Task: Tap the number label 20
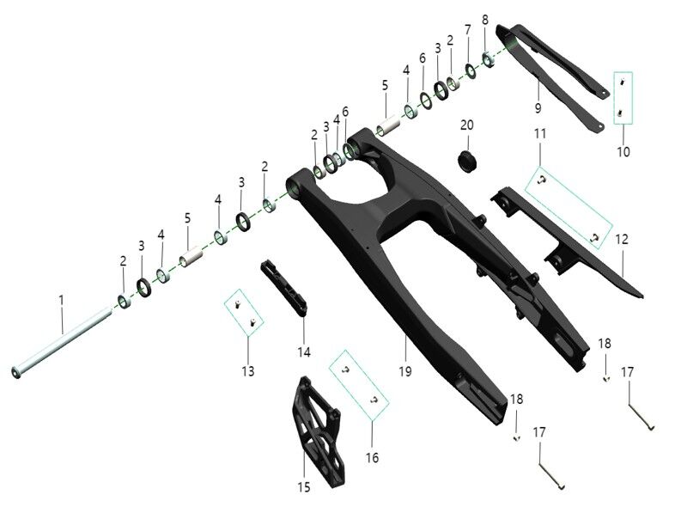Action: pyautogui.click(x=466, y=125)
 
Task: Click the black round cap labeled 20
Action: pyautogui.click(x=468, y=160)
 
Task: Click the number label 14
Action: pyautogui.click(x=304, y=351)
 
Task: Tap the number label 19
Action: pyautogui.click(x=404, y=370)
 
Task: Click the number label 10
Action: pyautogui.click(x=623, y=152)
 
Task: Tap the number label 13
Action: pyautogui.click(x=247, y=370)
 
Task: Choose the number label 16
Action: pyautogui.click(x=372, y=457)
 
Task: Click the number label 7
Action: pyautogui.click(x=467, y=30)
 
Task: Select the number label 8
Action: pyautogui.click(x=485, y=19)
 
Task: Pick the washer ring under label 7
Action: pyautogui.click(x=471, y=68)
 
